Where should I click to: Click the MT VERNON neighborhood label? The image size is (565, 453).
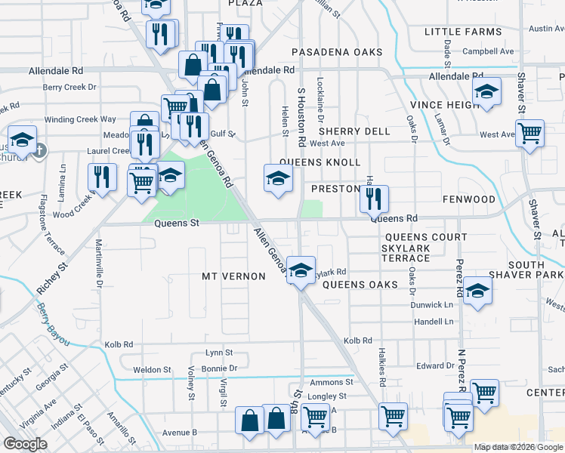(233, 277)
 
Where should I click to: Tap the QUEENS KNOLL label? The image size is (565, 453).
(320, 162)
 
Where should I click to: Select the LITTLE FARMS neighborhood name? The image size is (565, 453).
(463, 32)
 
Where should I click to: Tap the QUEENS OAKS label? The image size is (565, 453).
(360, 285)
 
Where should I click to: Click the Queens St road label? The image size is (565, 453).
(176, 223)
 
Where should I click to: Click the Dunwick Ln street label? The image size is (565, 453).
(432, 305)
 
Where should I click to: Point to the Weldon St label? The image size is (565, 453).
(152, 370)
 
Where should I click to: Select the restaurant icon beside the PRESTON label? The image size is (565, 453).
(373, 199)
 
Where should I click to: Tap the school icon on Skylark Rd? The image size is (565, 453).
(301, 270)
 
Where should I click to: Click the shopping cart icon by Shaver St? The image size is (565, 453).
(530, 134)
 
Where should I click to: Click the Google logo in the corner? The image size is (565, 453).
(24, 444)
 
